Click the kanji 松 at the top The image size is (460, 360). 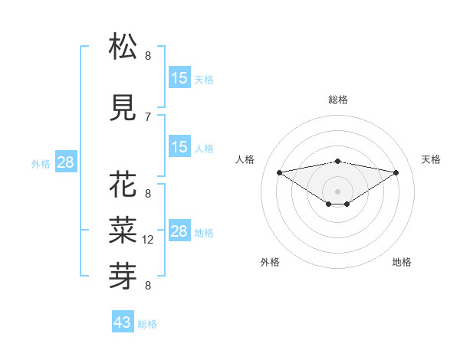[x=123, y=47]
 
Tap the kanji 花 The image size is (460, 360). [x=123, y=186]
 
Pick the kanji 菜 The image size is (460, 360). [x=123, y=227]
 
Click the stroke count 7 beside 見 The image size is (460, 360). [x=148, y=116]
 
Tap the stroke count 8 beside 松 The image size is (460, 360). [x=148, y=55]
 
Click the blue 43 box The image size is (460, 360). [x=123, y=322]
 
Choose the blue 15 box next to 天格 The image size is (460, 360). [x=179, y=78]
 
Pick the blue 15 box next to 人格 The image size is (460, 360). [x=179, y=147]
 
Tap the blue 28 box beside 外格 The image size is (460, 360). [x=65, y=162]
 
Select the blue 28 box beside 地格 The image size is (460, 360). [x=179, y=231]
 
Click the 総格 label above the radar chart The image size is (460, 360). [x=338, y=100]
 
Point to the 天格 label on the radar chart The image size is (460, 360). [x=431, y=159]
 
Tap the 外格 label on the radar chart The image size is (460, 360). [x=270, y=262]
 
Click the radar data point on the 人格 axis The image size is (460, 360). [x=279, y=172]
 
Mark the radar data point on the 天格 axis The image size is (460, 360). [x=396, y=172]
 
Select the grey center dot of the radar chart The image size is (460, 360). [x=337, y=190]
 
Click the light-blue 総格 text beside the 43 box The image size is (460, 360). [x=147, y=324]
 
